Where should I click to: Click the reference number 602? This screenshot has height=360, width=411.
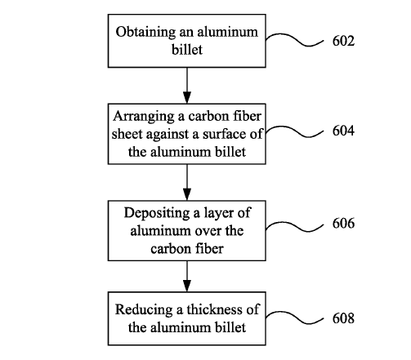point(343,41)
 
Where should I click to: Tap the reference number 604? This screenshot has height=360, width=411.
point(343,131)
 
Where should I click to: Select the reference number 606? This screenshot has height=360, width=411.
point(343,223)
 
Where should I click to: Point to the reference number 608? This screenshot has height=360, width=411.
point(343,318)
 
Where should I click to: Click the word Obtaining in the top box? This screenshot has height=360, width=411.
point(145,33)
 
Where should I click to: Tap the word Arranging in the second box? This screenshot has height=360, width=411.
point(144,117)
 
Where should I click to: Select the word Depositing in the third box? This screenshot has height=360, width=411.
point(157,214)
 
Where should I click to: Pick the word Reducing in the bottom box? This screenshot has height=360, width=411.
point(144,310)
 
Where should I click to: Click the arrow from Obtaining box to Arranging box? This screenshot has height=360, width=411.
point(187,86)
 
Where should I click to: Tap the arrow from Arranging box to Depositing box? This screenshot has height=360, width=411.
point(187,182)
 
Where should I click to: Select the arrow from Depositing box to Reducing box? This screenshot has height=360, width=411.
point(187,277)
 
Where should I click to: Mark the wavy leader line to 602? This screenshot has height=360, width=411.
point(295,39)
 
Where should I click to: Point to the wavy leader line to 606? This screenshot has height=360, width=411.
point(295,227)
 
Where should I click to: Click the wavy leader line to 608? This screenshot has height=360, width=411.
point(295,318)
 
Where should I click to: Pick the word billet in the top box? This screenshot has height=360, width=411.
point(187,50)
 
